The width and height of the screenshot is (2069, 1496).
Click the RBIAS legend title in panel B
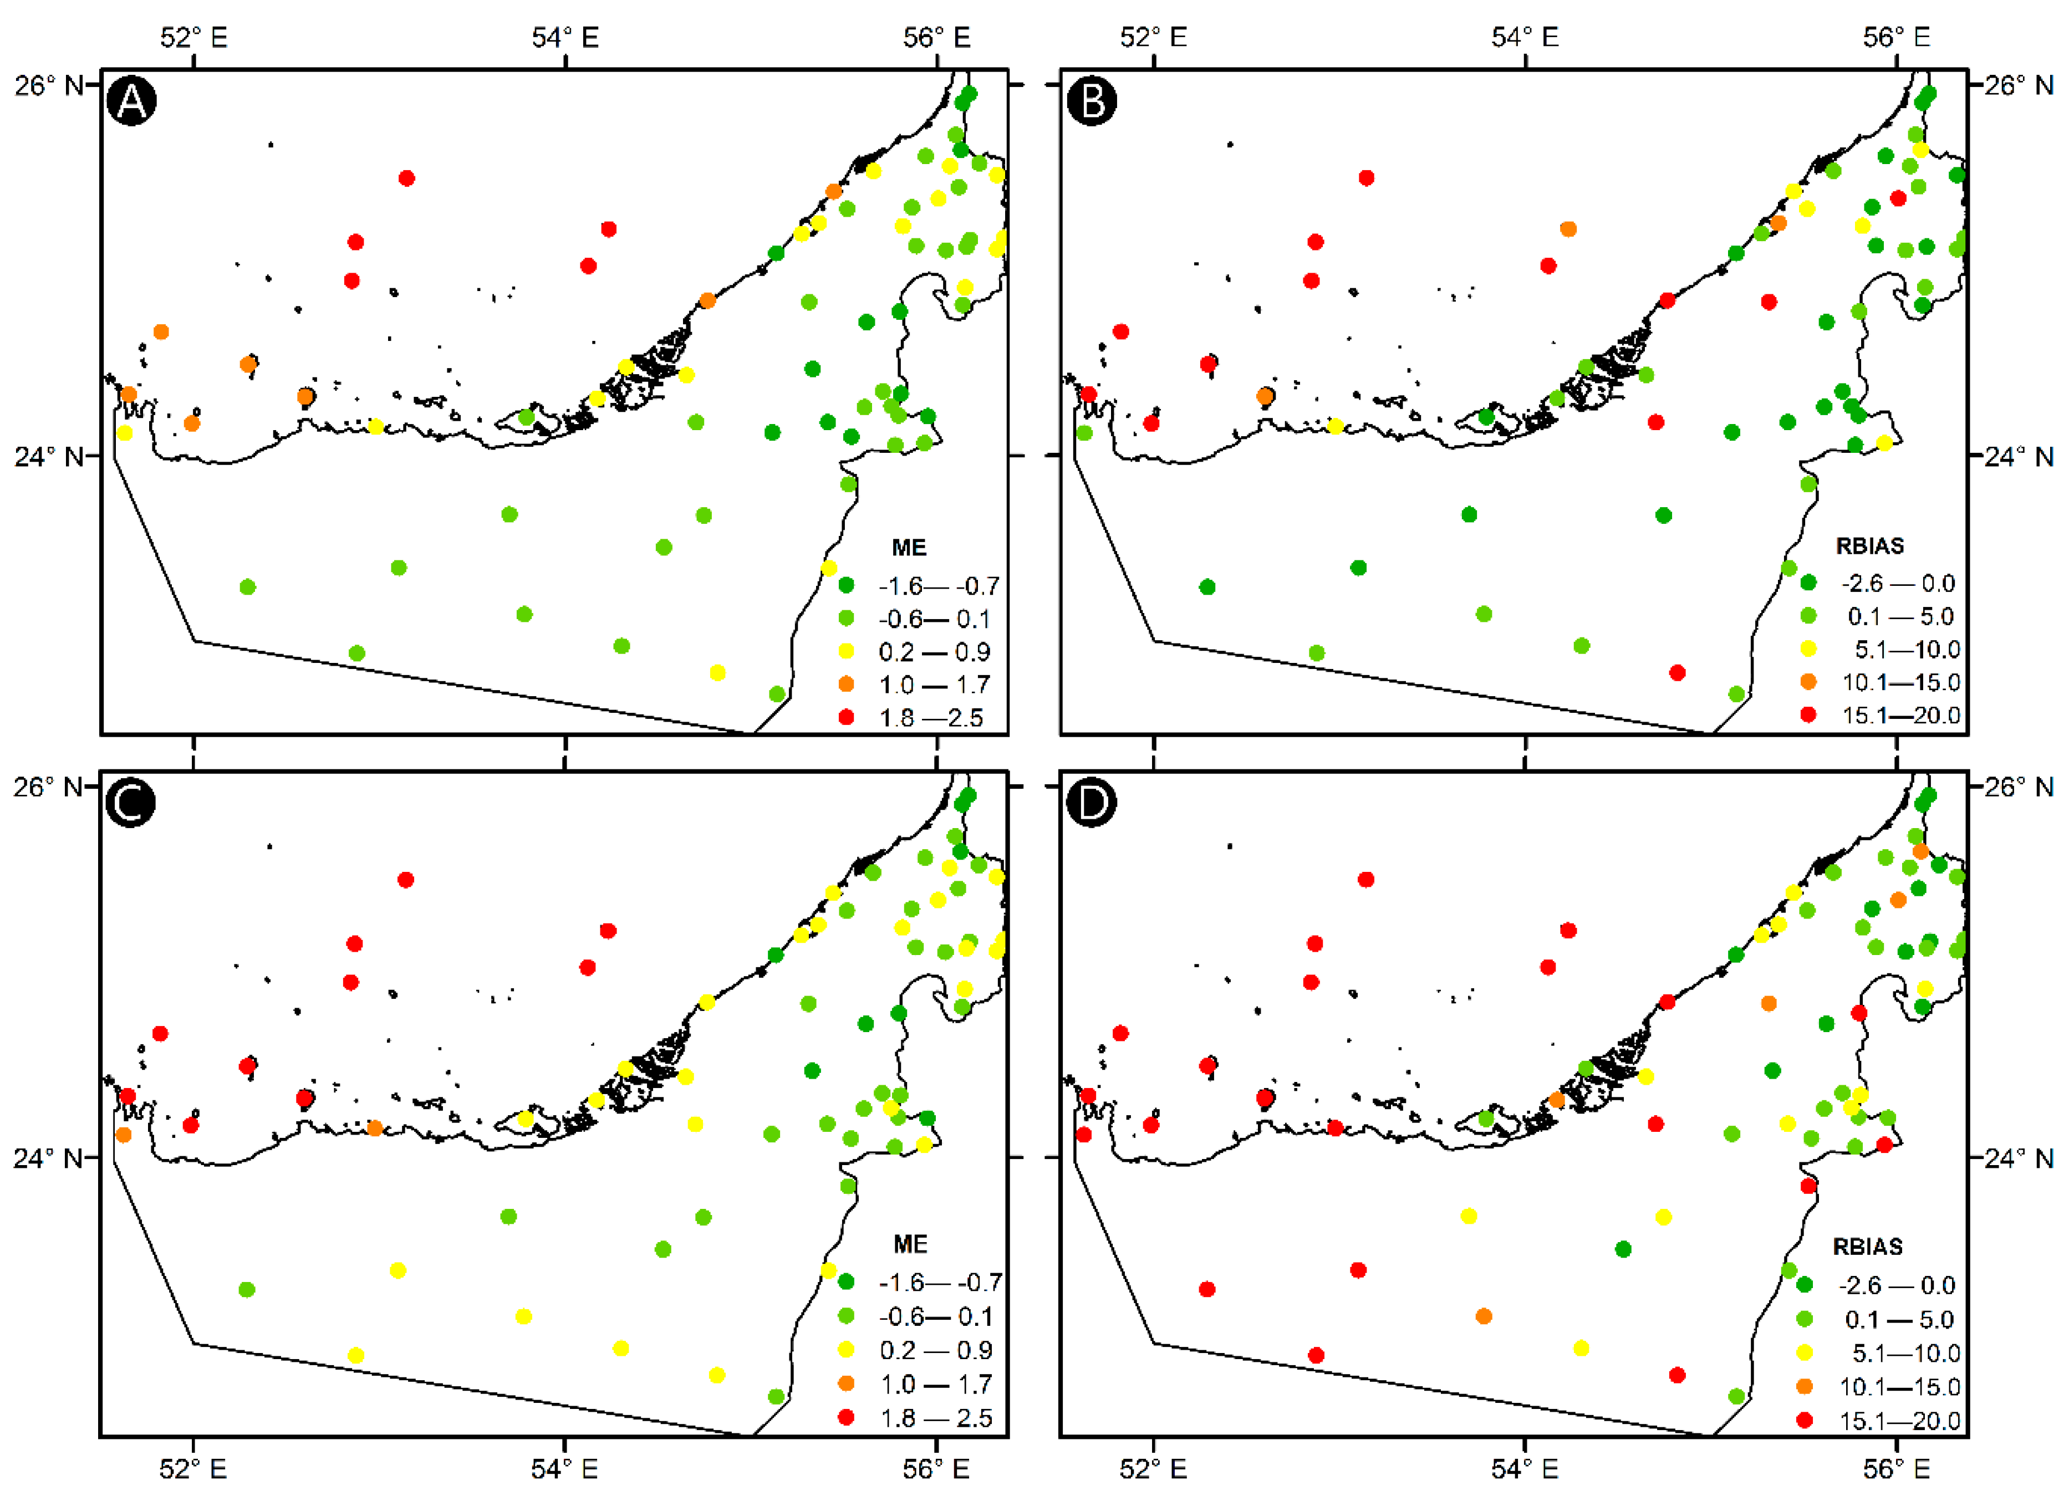coord(1869,545)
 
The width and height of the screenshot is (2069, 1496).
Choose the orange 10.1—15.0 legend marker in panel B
coord(1808,681)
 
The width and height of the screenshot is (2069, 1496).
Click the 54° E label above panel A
coord(565,37)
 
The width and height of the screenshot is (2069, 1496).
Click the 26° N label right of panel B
coord(2019,85)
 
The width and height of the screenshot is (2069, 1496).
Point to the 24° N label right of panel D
coord(2019,1157)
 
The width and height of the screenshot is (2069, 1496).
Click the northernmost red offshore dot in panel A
coord(407,178)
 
